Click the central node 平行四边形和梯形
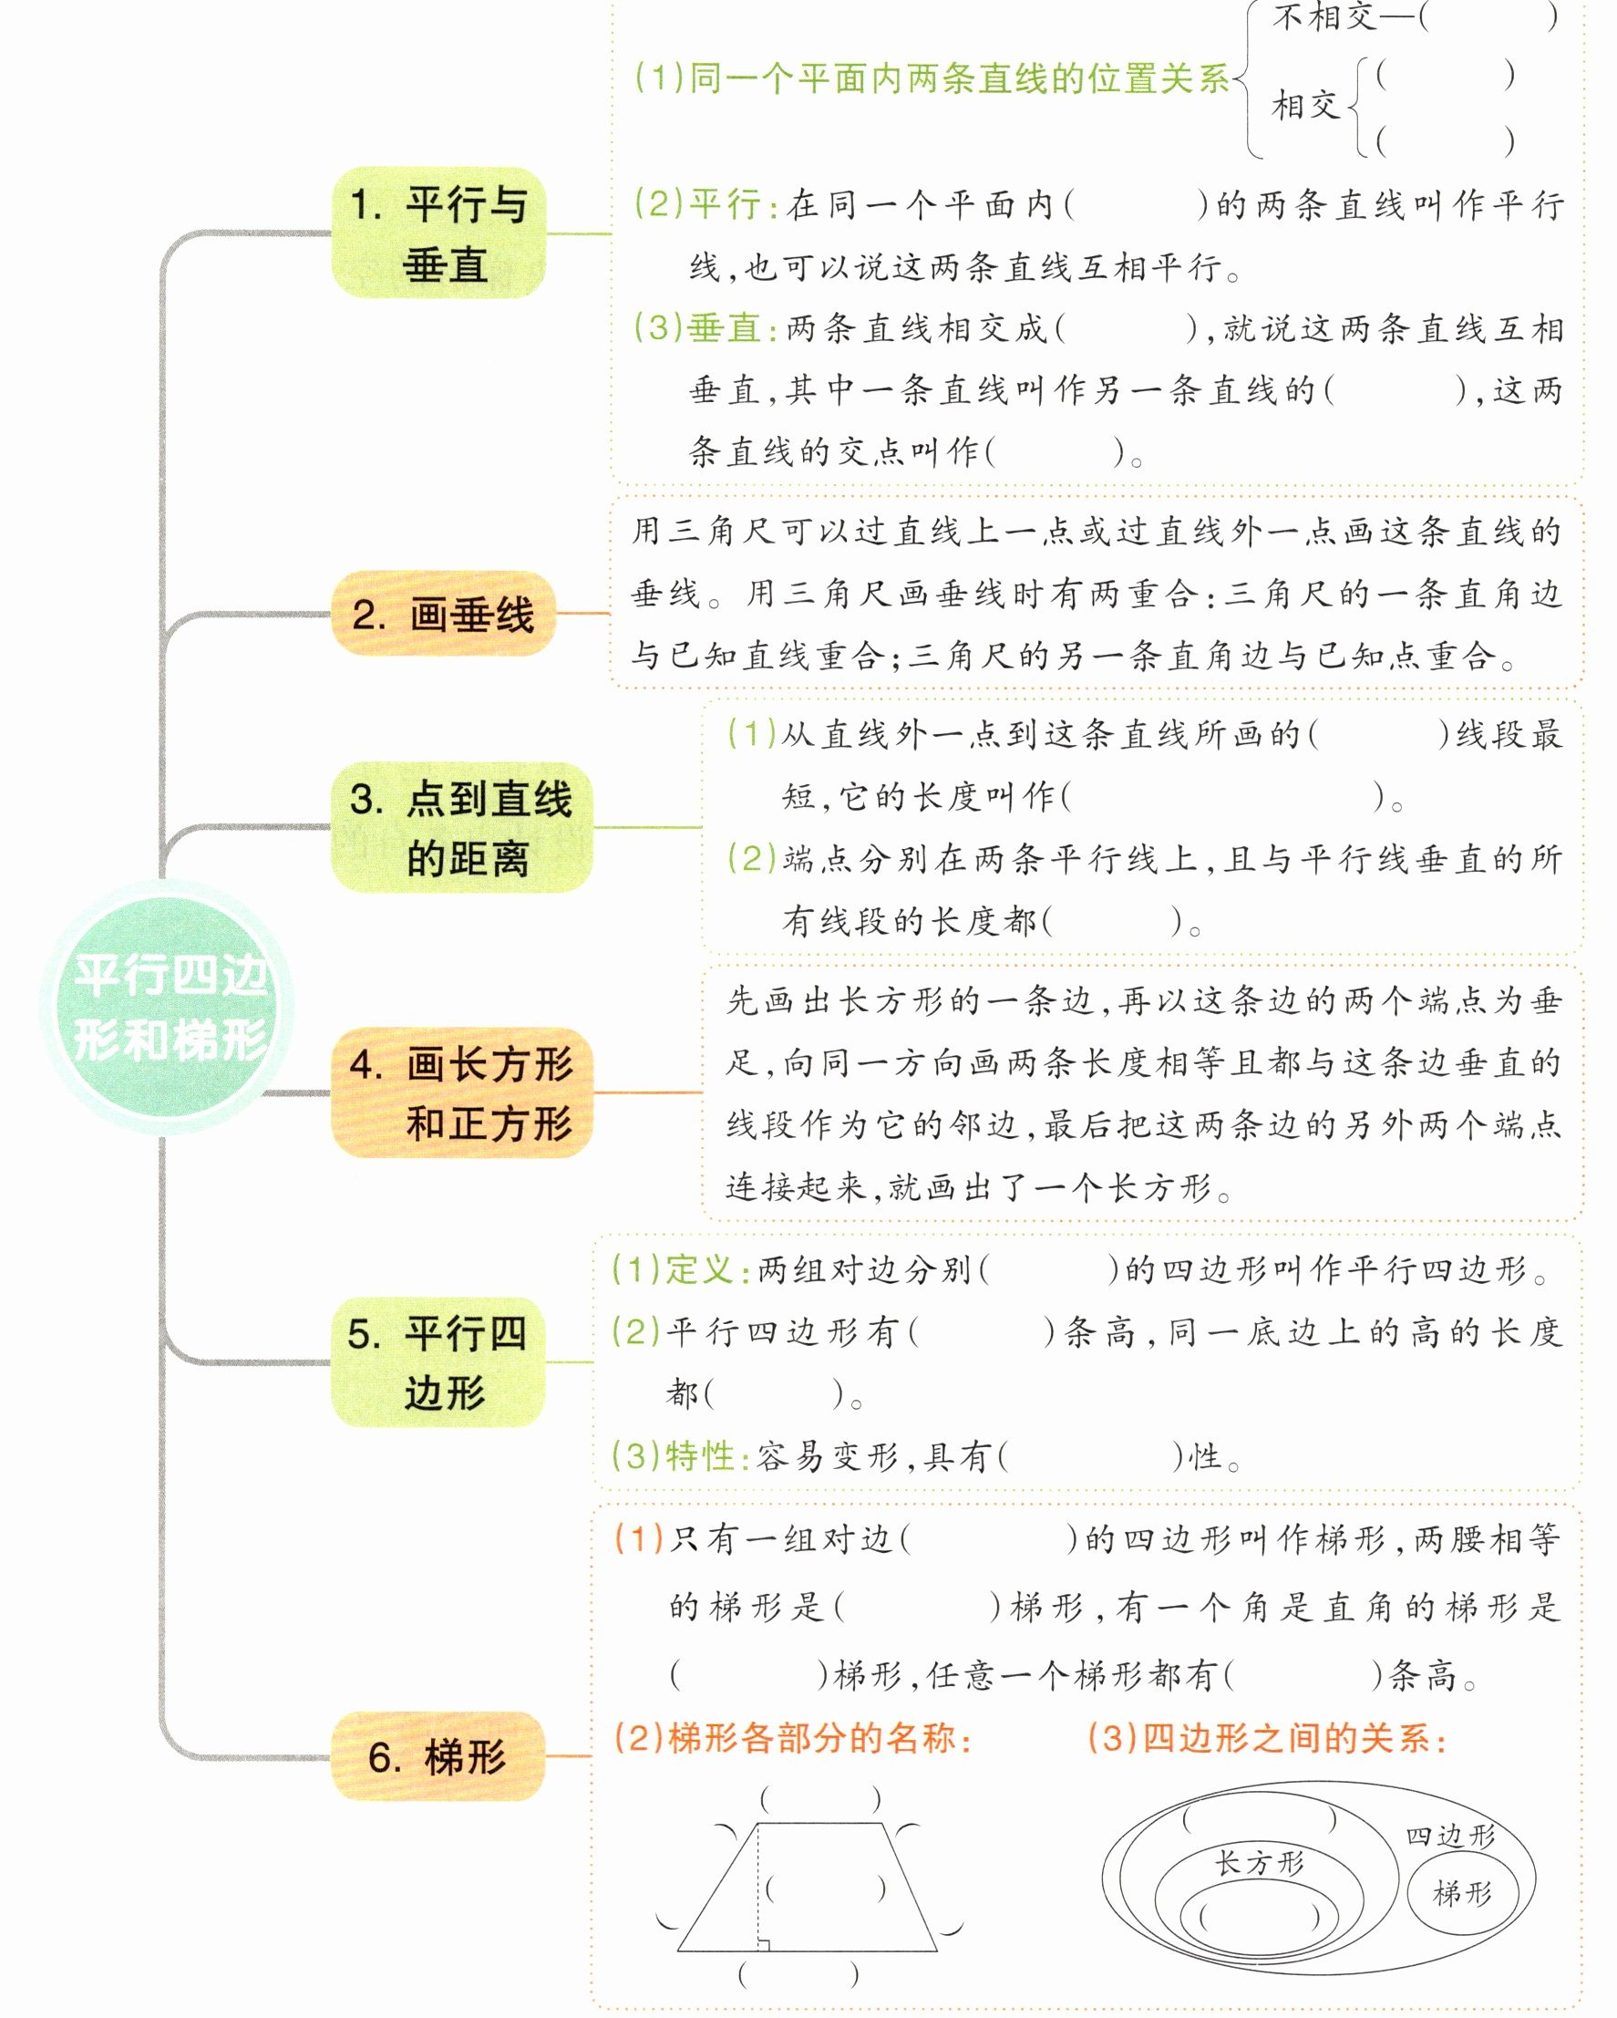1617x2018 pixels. pos(168,1007)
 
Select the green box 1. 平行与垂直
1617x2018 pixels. pos(438,233)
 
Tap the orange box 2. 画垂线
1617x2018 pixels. pos(443,614)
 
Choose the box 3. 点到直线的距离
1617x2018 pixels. pos(460,827)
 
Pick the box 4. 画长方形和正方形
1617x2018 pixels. pos(461,1092)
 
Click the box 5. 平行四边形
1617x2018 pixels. pos(438,1361)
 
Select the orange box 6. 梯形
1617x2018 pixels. pos(438,1756)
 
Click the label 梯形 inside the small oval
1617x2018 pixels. pos(1462,1893)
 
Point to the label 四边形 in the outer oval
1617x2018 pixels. pos(1449,1836)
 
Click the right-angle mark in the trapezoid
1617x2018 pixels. pos(764,1944)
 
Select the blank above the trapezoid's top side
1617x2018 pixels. pos(820,1798)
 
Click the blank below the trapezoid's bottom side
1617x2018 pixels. pos(798,1976)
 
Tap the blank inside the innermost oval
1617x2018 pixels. pos(1259,1918)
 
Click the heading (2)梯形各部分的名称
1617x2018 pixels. pos(793,1738)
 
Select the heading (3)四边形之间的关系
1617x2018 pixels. pos(1267,1738)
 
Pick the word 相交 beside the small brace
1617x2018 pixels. pos(1305,105)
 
